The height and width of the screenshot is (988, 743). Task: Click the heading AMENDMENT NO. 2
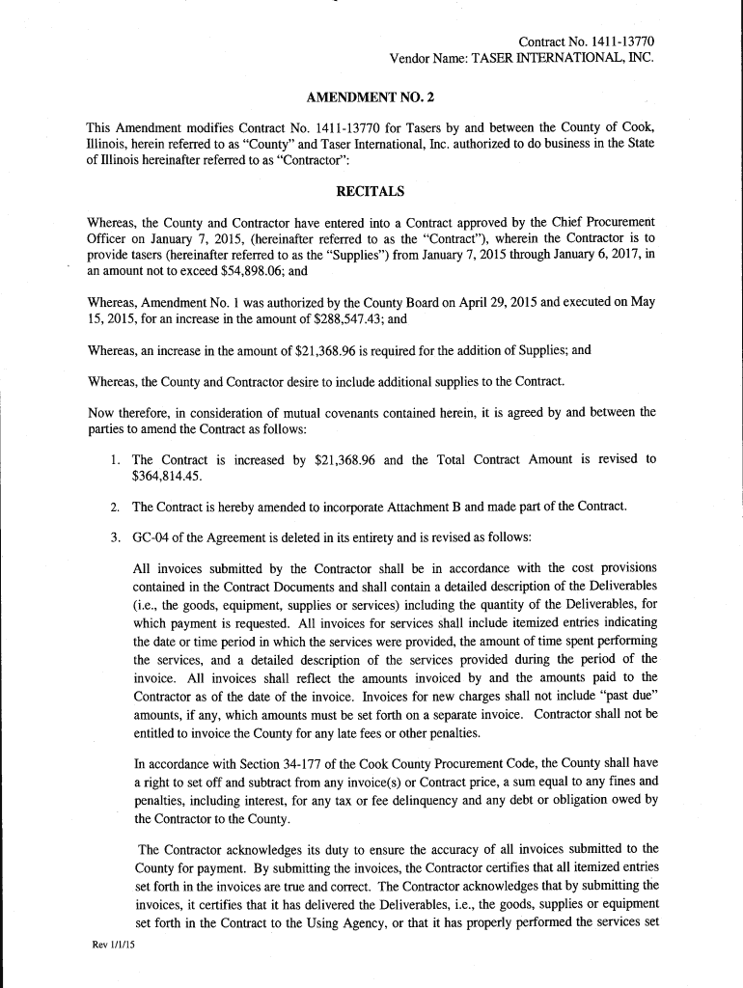click(x=371, y=98)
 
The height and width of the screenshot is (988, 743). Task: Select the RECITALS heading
click(x=371, y=190)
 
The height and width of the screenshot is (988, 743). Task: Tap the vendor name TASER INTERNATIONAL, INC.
click(x=563, y=58)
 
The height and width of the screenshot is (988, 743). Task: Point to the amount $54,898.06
click(x=248, y=271)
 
